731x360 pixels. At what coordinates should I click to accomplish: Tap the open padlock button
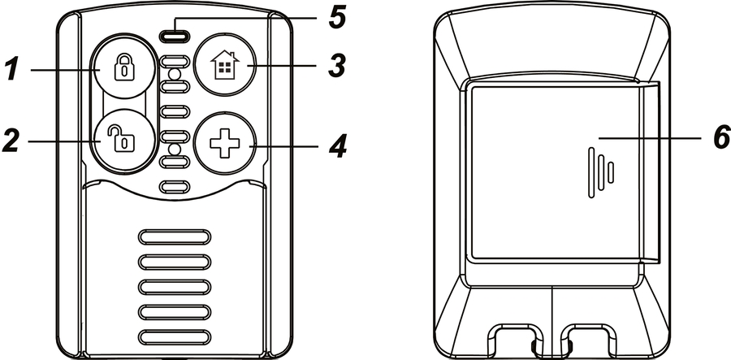point(123,141)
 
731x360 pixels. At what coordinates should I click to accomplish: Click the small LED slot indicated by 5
point(175,35)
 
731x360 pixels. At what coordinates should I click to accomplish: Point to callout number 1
point(11,68)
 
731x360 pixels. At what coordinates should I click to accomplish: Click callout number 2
point(11,140)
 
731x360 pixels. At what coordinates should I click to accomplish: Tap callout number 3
point(336,65)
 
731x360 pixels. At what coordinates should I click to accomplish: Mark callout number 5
point(336,18)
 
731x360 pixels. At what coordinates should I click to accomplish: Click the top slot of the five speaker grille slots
point(175,237)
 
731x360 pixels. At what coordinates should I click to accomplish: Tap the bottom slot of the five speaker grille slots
point(175,337)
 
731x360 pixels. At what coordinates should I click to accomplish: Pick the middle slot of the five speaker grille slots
point(175,287)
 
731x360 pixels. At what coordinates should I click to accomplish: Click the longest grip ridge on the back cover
point(591,173)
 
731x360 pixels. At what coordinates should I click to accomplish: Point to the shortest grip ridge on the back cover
point(611,172)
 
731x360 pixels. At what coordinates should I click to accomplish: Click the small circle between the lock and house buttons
point(175,74)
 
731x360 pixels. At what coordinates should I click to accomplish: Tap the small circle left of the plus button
point(175,150)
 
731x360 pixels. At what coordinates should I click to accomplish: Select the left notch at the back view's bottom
point(513,340)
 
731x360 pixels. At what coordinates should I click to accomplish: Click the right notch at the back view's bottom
point(588,340)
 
